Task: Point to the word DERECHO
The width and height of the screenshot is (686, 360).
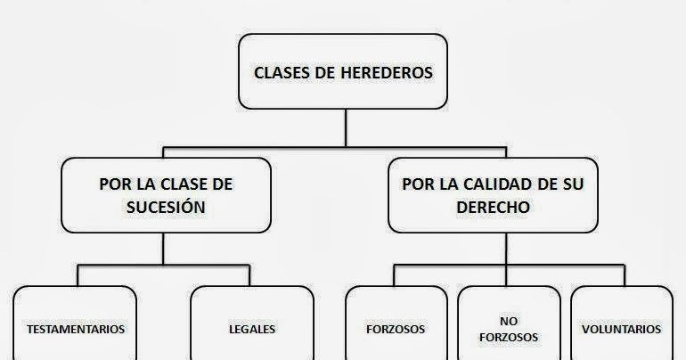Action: (x=505, y=207)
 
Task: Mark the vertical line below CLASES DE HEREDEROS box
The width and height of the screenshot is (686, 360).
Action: (x=345, y=125)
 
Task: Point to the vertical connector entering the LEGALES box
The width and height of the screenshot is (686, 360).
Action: (x=252, y=274)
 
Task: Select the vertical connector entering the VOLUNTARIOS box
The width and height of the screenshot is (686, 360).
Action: (x=621, y=274)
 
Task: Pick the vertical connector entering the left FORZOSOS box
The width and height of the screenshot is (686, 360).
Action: (x=396, y=274)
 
